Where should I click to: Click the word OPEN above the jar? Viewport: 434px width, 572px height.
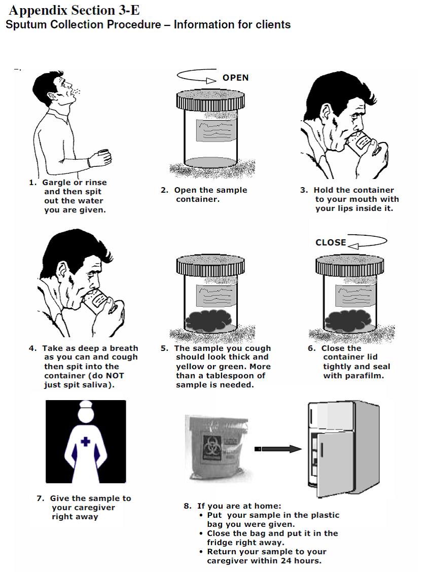point(235,78)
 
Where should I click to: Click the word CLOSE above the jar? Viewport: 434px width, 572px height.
point(331,242)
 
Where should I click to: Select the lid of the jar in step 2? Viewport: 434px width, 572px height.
point(210,100)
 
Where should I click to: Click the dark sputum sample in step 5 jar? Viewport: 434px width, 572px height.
point(210,321)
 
